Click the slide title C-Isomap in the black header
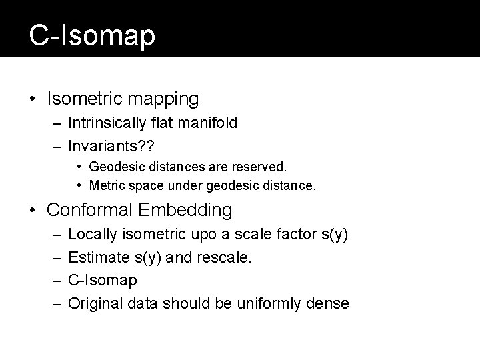click(x=92, y=36)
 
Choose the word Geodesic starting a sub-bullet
click(x=113, y=165)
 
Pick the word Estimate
click(x=94, y=258)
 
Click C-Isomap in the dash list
click(x=103, y=281)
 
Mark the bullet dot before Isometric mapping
click(x=33, y=99)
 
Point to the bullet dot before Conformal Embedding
click(x=33, y=211)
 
